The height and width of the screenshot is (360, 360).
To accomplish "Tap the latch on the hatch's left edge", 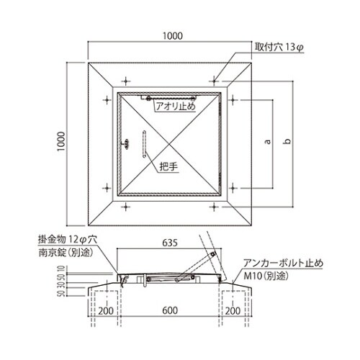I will (x=127, y=144).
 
